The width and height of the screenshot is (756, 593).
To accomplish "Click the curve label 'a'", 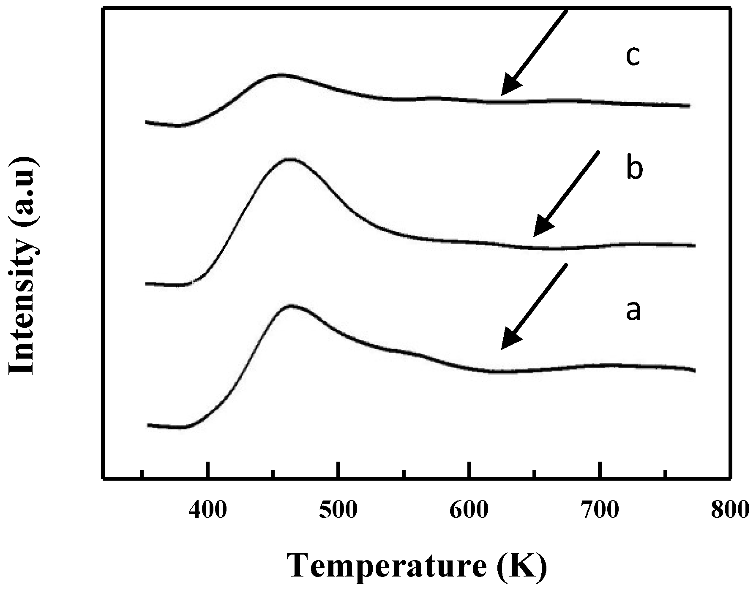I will pos(633,311).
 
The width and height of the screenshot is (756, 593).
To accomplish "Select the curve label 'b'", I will pos(634,169).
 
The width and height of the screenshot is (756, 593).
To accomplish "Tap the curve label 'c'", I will pos(633,57).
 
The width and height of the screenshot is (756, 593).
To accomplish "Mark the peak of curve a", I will pos(291,305).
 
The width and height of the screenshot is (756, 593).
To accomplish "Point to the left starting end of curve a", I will pos(147,424).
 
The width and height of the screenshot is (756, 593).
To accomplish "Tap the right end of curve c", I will pos(689,106).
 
